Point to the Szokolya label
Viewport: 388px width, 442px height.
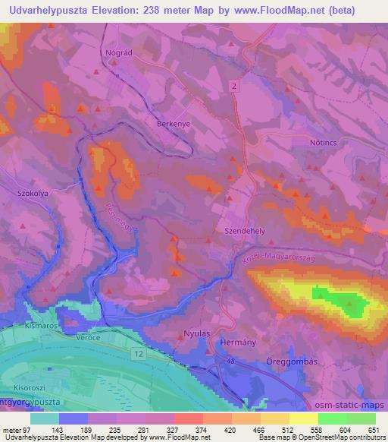[x=33, y=193]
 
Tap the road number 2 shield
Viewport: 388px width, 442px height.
[x=235, y=87]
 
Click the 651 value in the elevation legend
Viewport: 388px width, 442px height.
[x=371, y=430]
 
